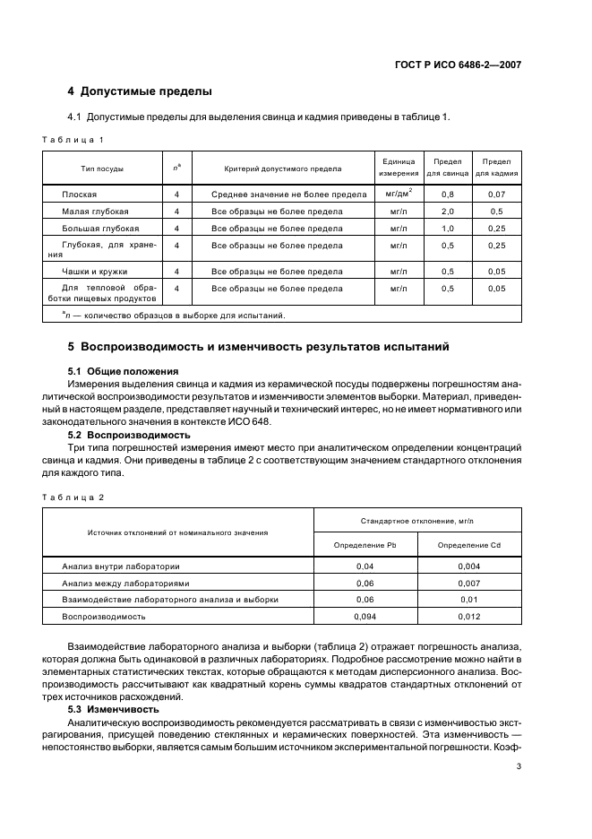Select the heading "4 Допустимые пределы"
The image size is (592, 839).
tap(140, 91)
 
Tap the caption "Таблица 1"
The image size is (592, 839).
tap(73, 140)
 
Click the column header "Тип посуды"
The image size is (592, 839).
tap(102, 169)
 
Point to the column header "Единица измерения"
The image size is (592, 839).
tap(398, 168)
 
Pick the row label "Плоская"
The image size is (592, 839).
tap(79, 195)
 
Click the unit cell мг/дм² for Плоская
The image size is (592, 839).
tap(398, 194)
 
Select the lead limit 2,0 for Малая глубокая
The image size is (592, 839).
tap(447, 212)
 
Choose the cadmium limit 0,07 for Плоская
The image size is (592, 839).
tap(496, 195)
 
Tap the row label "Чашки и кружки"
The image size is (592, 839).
tap(94, 271)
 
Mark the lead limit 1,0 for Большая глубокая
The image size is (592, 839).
tap(447, 229)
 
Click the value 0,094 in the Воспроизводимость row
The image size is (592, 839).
tap(365, 617)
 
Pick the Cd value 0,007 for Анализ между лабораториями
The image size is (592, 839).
tap(469, 583)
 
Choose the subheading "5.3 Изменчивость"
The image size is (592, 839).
tap(109, 709)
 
